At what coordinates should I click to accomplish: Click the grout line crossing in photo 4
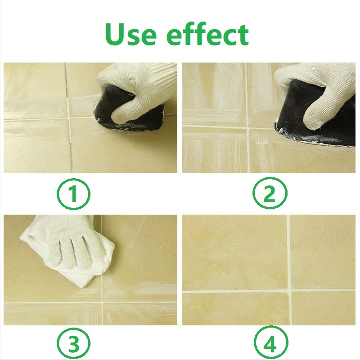pyautogui.click(x=288, y=290)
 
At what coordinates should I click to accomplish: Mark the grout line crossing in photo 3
pyautogui.click(x=102, y=302)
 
